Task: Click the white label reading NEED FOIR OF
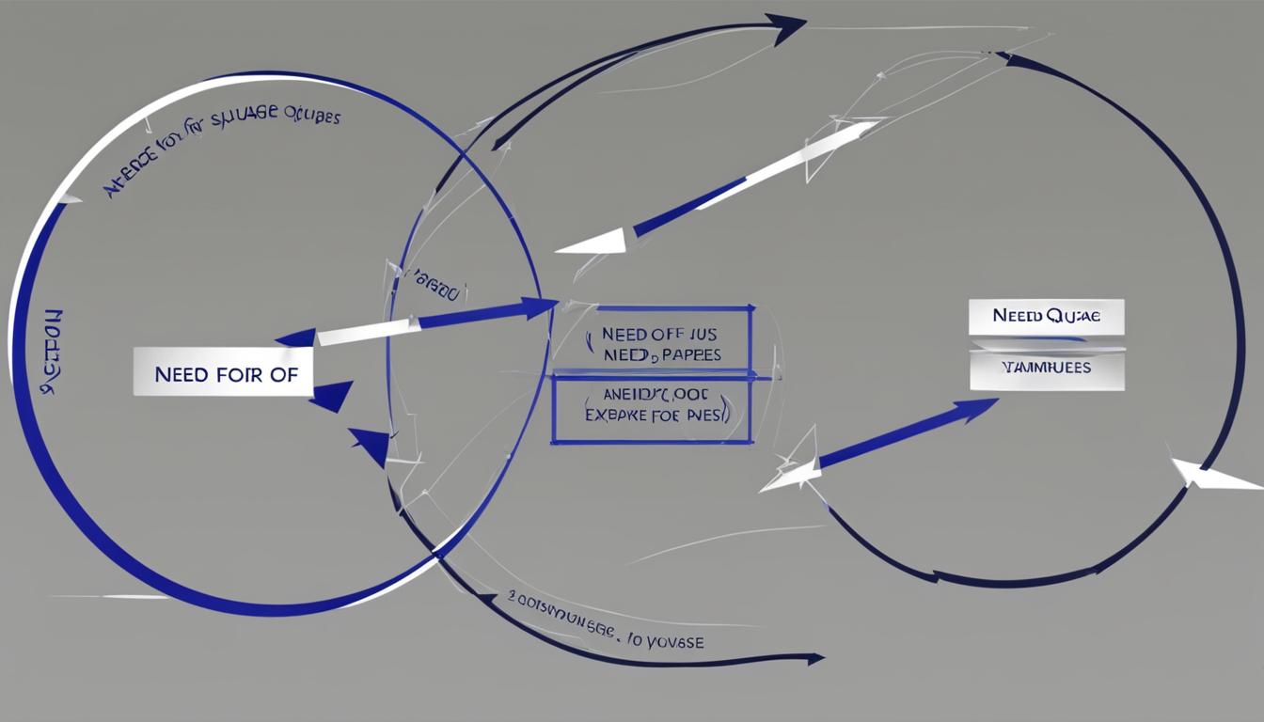pyautogui.click(x=223, y=373)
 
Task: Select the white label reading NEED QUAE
pyautogui.click(x=1046, y=317)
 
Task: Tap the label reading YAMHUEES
pyautogui.click(x=1046, y=368)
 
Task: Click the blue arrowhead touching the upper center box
pyautogui.click(x=539, y=306)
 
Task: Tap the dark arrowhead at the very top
pyautogui.click(x=787, y=26)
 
